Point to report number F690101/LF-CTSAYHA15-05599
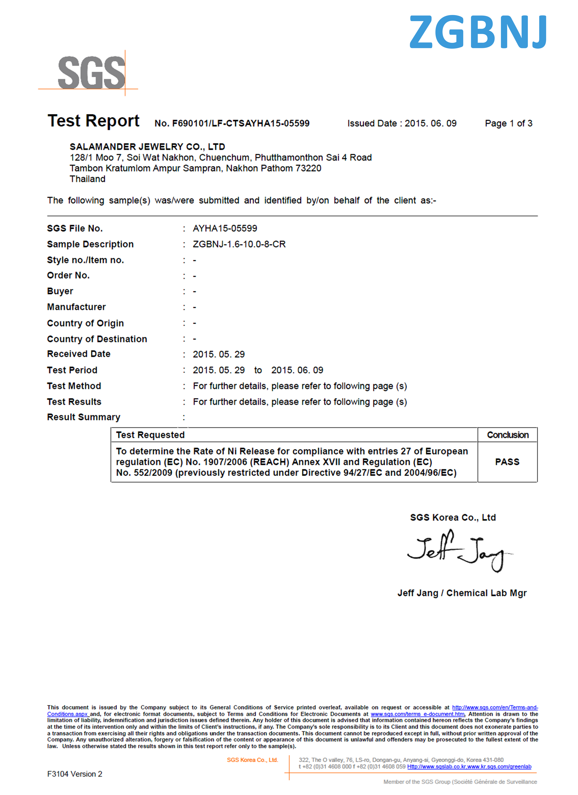click(232, 123)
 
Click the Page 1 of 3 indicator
click(508, 123)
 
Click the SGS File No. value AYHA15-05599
click(225, 228)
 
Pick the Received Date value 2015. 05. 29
click(219, 354)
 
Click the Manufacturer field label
click(76, 307)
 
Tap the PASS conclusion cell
click(507, 462)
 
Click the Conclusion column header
click(508, 435)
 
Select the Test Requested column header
click(150, 435)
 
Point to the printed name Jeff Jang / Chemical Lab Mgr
click(462, 593)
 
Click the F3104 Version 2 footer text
click(75, 774)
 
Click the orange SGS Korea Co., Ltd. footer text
click(252, 760)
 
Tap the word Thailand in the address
click(88, 179)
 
